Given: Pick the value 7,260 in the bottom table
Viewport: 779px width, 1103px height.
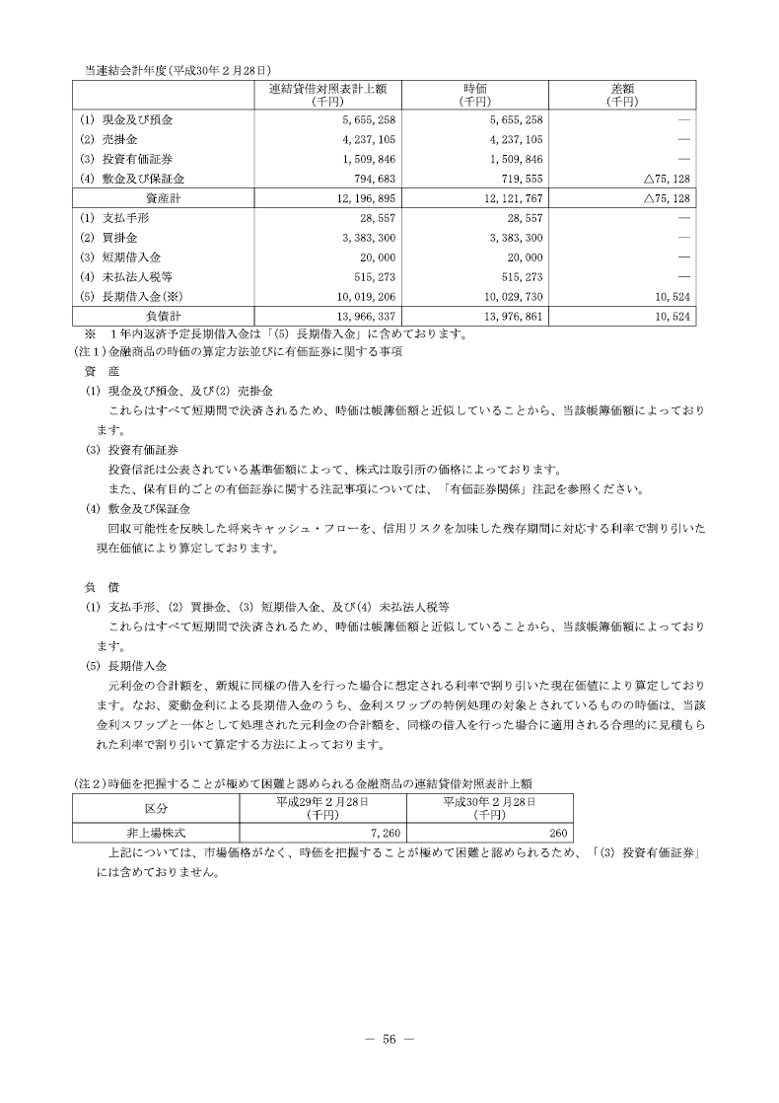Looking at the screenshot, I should point(383,833).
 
